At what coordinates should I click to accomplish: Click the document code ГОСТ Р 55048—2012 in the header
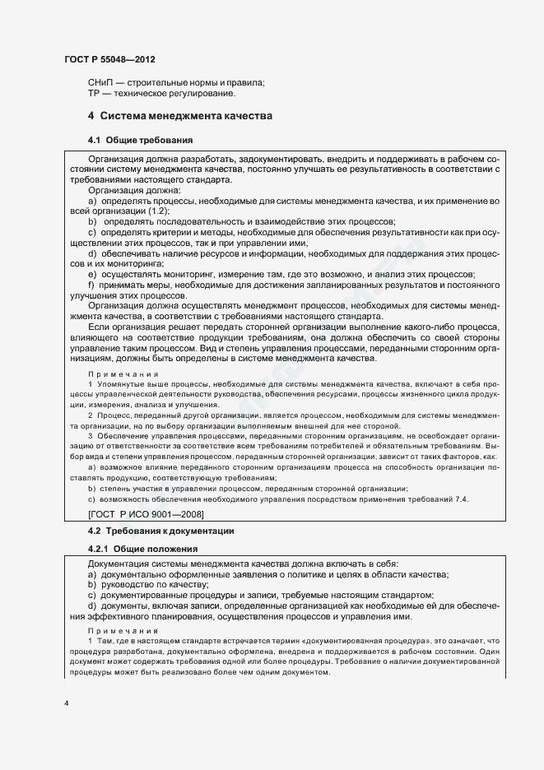109,62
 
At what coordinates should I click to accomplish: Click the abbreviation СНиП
101,82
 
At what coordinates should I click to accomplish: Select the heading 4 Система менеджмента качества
180,116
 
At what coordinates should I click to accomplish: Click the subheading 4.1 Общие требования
140,140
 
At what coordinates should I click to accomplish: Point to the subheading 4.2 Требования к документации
160,531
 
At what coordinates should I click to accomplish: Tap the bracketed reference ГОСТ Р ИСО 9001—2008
146,513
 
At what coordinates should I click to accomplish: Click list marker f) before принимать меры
91,285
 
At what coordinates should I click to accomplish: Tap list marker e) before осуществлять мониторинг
92,274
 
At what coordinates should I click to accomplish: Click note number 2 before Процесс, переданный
91,415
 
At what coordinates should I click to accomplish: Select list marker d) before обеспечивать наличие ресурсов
92,253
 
